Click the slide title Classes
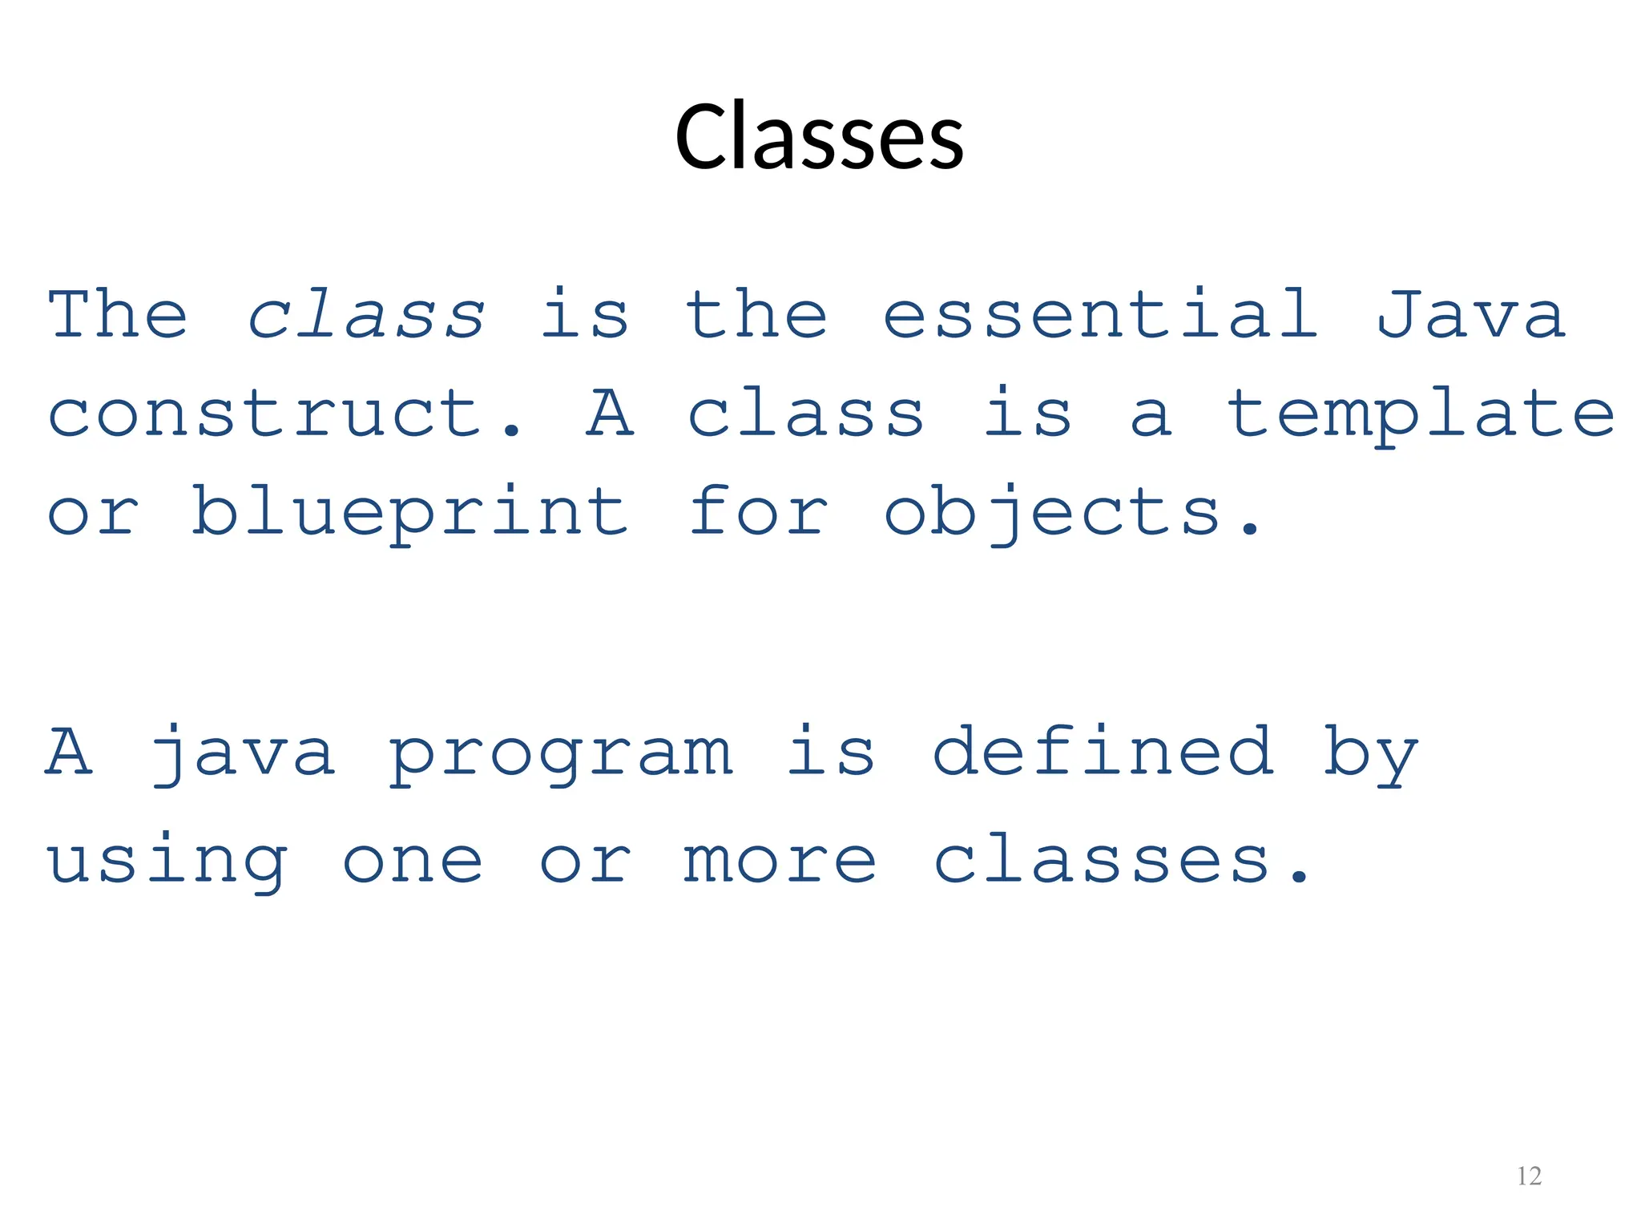[x=819, y=137]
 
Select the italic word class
[x=366, y=315]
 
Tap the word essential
[x=1100, y=315]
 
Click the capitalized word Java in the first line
[x=1470, y=315]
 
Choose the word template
[x=1421, y=415]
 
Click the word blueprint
[x=409, y=513]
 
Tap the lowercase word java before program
[x=243, y=753]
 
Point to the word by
[x=1370, y=753]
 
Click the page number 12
[x=1529, y=1176]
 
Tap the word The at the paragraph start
[x=118, y=315]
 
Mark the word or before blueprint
[x=94, y=513]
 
